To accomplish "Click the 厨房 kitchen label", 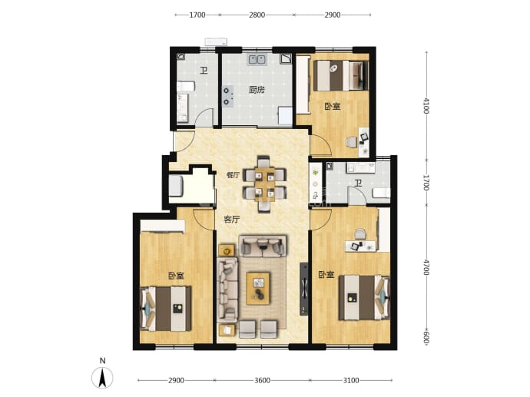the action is [257, 90].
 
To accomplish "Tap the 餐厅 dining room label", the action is [233, 175].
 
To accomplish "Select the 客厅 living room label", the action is [232, 220].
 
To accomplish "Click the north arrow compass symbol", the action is [102, 377].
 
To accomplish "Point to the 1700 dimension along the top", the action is [197, 15].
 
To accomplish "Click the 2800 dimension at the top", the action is [257, 15].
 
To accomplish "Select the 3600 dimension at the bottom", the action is [262, 380].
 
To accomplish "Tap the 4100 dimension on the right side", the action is [426, 106].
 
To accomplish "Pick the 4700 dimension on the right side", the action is [426, 267].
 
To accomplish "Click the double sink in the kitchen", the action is [257, 60].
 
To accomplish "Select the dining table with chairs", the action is [264, 184].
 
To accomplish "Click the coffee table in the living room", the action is [258, 289].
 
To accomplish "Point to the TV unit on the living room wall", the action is [304, 289].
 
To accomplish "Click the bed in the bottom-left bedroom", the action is [166, 309].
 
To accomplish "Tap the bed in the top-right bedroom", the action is [341, 76].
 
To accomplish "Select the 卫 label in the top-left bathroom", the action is [204, 71].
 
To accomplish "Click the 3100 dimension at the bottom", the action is [351, 380].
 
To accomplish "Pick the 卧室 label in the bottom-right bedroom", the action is [326, 275].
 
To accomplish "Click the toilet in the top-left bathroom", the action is [186, 86].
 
